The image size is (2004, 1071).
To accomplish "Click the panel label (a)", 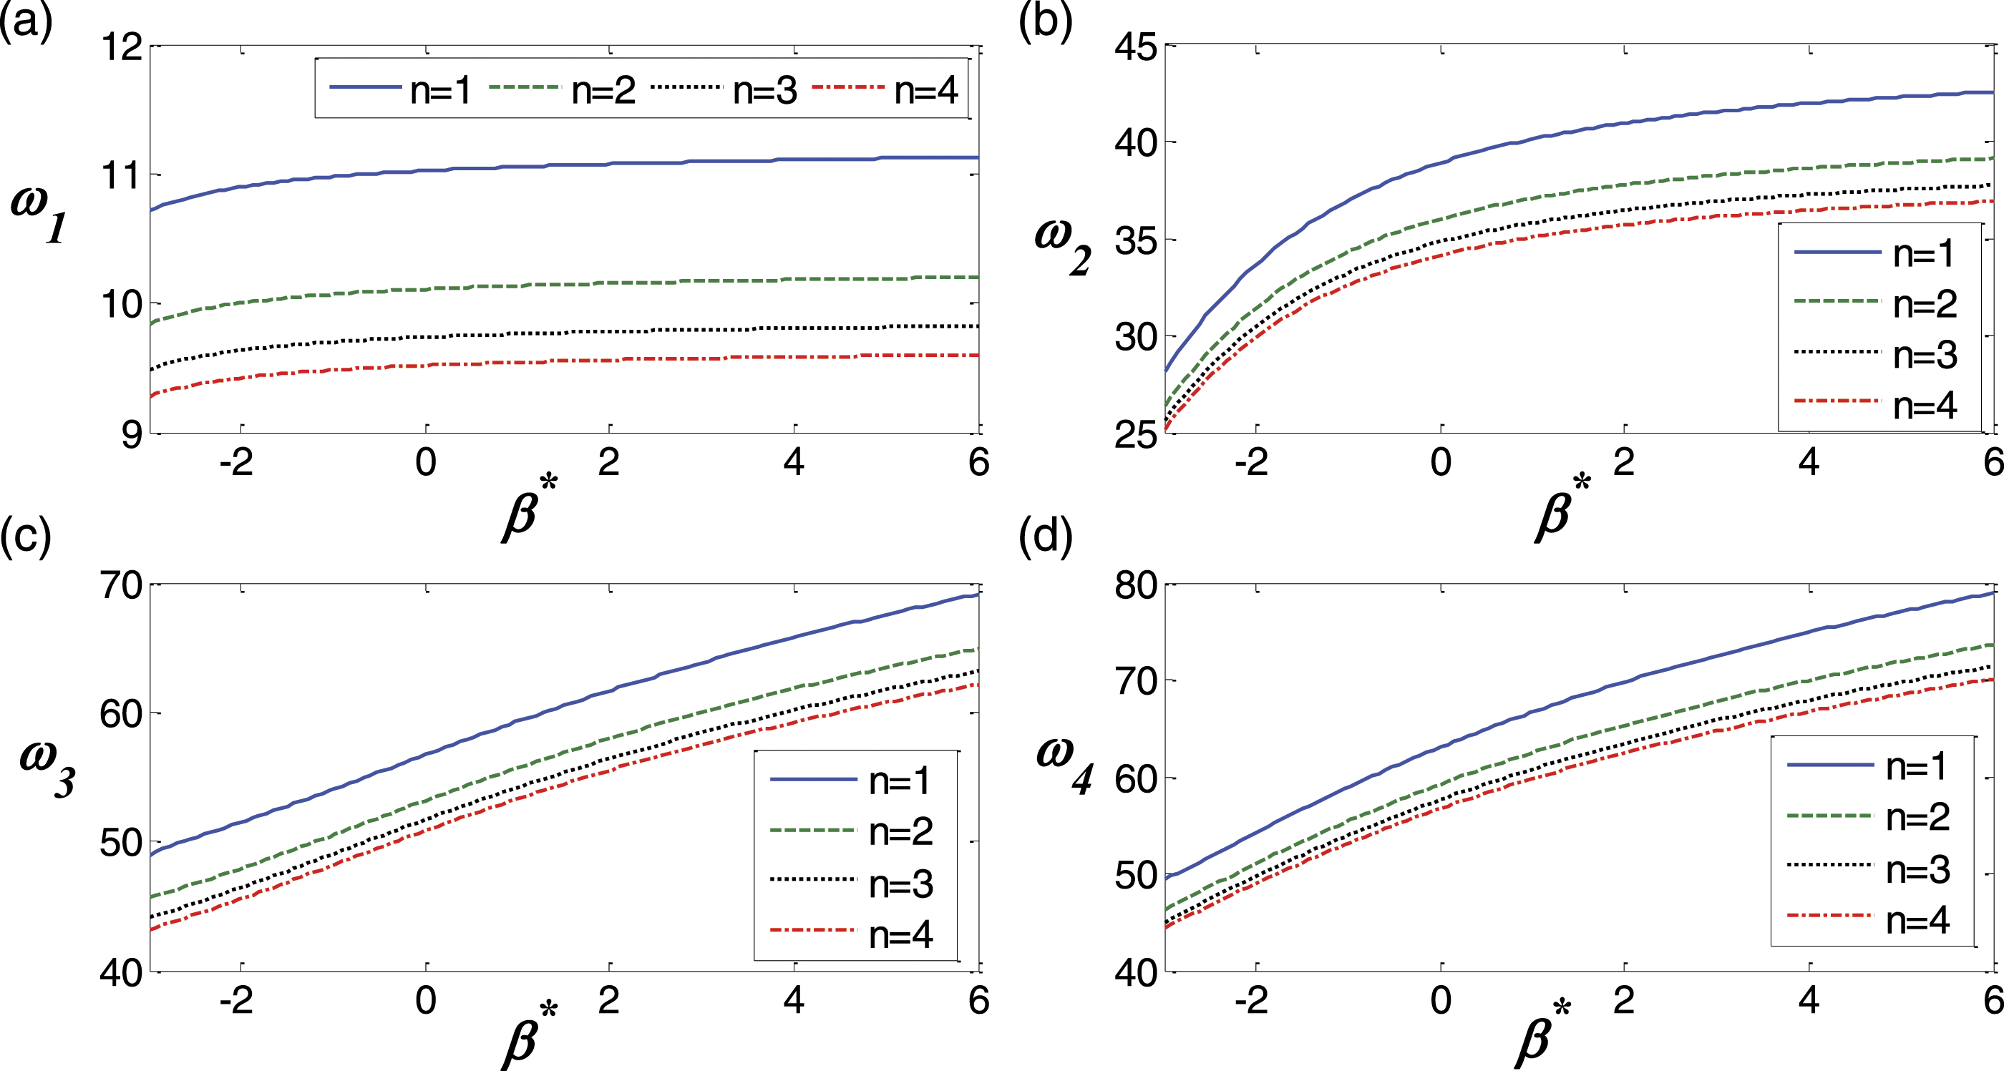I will click(26, 21).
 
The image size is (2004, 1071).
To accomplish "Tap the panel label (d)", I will click(1045, 536).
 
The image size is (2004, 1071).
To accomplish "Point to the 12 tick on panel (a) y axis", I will click(122, 48).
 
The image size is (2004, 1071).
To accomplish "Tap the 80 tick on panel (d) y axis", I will click(1136, 585).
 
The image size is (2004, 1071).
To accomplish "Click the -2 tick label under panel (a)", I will click(235, 463).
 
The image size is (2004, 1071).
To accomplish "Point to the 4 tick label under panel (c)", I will click(793, 1000).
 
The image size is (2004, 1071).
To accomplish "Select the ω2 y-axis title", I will click(1063, 245).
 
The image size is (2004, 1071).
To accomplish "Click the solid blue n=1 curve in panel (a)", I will click(545, 167).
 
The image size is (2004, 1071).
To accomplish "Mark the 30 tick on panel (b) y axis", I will click(1136, 338).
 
